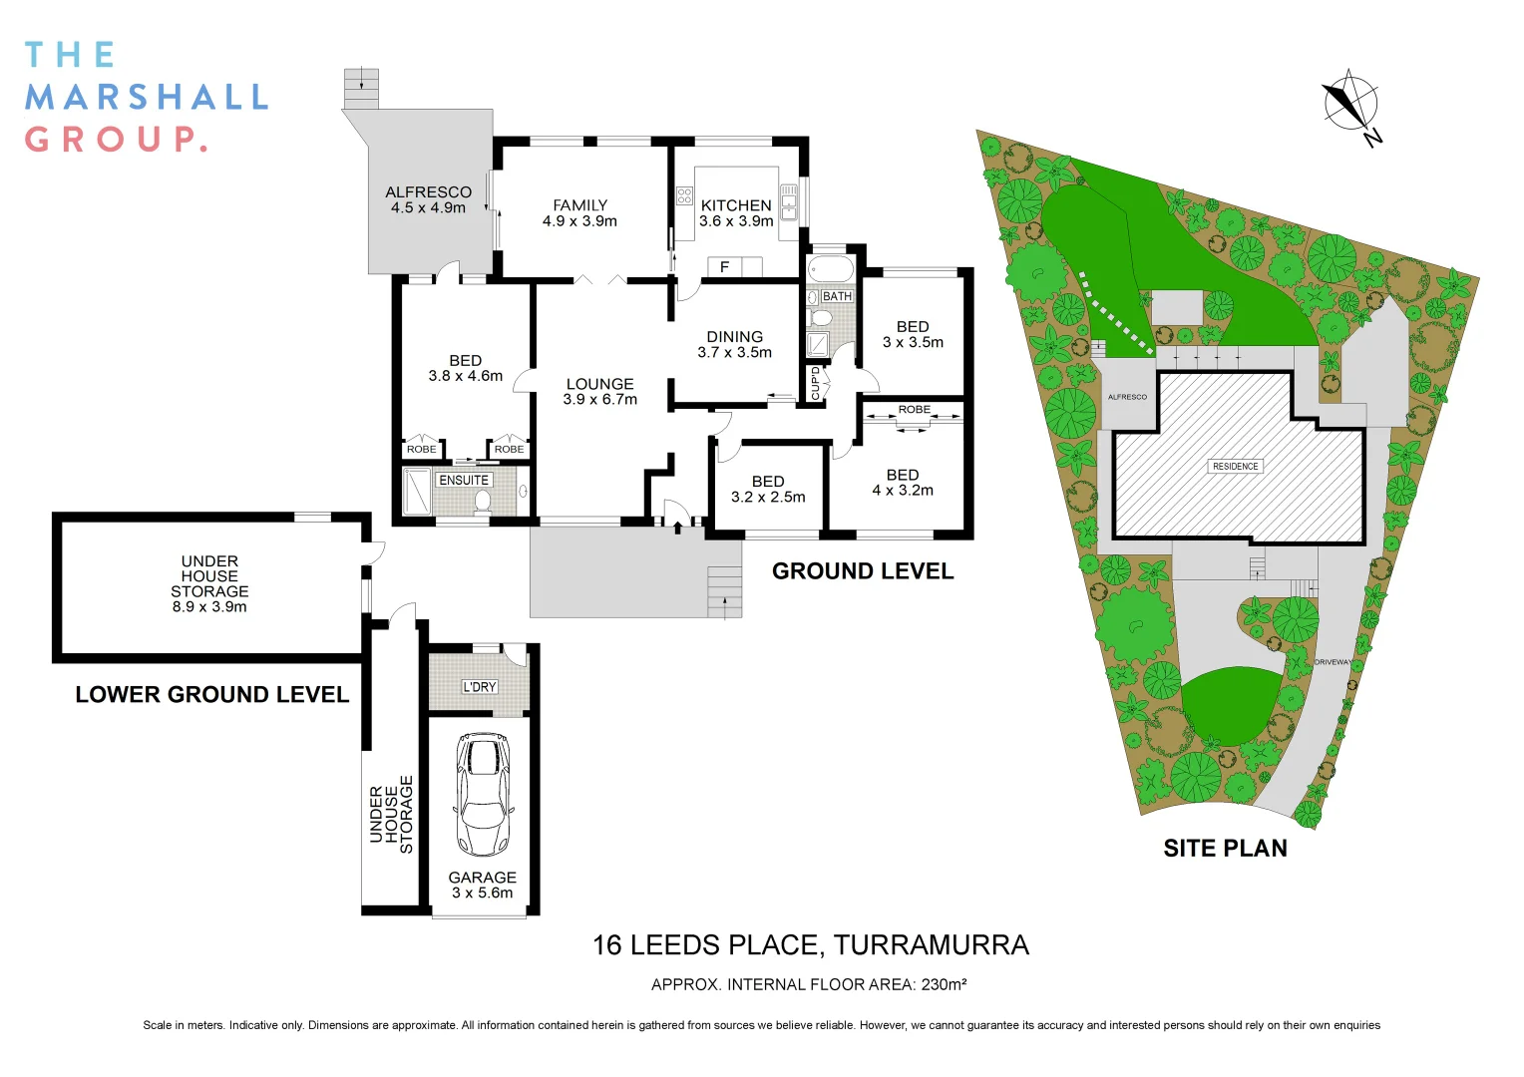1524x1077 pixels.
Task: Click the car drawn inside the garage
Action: pos(483,795)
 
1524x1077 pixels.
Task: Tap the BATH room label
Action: pos(837,296)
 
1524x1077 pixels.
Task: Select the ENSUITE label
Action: pos(464,480)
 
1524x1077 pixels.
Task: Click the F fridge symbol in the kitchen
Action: pos(725,267)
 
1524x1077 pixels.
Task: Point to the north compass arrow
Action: pos(1350,104)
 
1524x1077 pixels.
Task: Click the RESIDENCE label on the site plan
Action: pos(1235,466)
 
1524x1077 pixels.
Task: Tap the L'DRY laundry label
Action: pos(479,686)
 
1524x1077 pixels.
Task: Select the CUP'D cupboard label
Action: pos(815,383)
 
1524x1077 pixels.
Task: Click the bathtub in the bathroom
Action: pos(830,269)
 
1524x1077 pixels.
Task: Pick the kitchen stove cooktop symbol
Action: pos(684,195)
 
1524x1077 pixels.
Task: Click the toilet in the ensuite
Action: pos(483,499)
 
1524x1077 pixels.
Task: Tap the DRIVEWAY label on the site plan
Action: pos(1333,662)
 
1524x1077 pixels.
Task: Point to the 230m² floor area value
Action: pos(943,984)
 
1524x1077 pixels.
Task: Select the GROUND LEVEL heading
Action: pos(863,571)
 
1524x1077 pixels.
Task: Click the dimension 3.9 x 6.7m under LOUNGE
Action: pos(599,399)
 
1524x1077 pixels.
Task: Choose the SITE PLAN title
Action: pos(1225,848)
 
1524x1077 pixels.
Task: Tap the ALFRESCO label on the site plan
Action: pos(1127,397)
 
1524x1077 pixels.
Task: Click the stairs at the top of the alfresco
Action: pos(361,88)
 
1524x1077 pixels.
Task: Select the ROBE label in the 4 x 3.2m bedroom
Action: pos(914,410)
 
